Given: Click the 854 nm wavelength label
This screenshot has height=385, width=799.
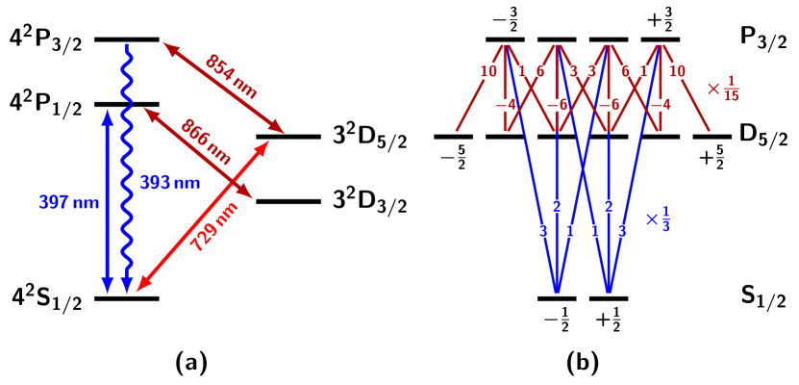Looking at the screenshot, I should coord(232,76).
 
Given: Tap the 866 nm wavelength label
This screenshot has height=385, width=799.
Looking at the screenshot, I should coord(207,141).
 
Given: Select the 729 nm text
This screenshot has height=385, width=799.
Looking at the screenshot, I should coord(213,227).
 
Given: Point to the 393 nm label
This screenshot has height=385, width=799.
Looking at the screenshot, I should coord(169,183).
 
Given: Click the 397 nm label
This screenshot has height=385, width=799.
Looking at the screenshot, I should coord(69,203).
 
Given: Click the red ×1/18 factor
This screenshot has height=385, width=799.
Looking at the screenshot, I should coord(723,89).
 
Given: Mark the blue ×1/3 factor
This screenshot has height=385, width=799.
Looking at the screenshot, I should coord(658,219).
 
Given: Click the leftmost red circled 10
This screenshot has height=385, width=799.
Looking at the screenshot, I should coord(488,71).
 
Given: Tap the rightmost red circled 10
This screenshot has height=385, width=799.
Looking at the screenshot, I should coord(677,71).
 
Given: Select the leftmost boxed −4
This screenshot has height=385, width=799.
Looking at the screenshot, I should coord(505,105).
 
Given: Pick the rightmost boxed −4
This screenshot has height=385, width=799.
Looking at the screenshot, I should coord(661,105).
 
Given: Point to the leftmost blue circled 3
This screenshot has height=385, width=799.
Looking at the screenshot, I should coord(543,231).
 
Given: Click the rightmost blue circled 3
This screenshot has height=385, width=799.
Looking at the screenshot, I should coord(622,231).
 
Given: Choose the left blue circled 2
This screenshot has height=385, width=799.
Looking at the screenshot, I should coord(557,206).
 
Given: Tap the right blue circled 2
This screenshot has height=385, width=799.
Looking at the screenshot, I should coord(609,206).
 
